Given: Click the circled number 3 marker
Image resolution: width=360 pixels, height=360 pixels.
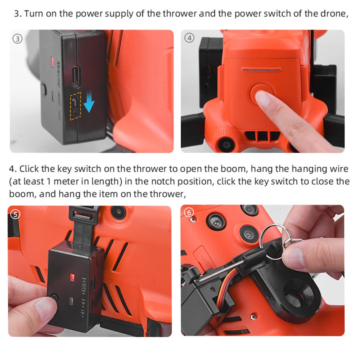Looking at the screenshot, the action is [x=18, y=39].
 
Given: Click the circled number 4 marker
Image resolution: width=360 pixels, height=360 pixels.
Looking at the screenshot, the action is [x=189, y=38].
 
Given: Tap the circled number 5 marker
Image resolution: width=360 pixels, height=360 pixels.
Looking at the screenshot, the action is [x=15, y=215].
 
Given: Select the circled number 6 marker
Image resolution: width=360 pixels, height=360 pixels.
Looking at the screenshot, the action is [x=189, y=213].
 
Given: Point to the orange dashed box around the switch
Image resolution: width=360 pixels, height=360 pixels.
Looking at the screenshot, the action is [x=76, y=106].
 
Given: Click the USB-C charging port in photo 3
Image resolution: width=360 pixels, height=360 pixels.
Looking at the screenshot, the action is [x=76, y=77].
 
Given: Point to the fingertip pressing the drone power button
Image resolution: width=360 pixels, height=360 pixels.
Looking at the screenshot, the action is [x=262, y=98].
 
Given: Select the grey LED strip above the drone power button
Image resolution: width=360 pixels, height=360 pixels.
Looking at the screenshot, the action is [x=261, y=69].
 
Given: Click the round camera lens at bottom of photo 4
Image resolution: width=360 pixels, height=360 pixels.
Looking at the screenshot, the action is [x=226, y=145].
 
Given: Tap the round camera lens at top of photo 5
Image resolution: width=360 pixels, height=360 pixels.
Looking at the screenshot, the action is [x=119, y=212].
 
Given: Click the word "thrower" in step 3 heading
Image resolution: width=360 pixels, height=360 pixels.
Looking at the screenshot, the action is [x=180, y=14].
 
